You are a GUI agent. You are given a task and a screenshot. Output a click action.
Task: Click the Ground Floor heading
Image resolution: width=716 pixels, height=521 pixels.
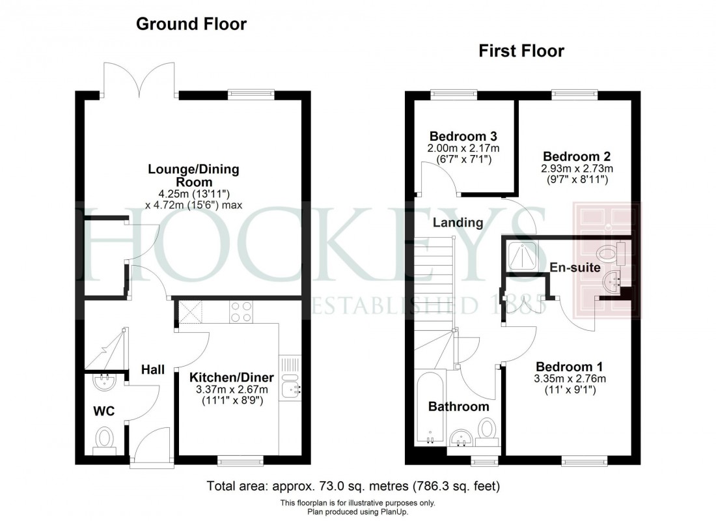[191, 25]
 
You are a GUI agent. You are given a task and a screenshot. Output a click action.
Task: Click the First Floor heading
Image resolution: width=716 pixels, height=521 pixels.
[521, 51]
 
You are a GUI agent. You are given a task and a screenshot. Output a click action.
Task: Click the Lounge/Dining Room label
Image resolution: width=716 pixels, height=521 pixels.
[193, 176]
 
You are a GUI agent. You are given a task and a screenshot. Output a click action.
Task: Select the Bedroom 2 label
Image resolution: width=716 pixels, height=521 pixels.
[575, 156]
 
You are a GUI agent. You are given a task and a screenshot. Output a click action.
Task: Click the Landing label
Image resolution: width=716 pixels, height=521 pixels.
[459, 223]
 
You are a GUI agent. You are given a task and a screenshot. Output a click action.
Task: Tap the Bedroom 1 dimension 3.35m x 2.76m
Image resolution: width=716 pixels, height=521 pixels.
[571, 379]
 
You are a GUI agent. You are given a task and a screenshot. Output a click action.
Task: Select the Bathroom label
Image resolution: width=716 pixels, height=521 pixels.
[458, 407]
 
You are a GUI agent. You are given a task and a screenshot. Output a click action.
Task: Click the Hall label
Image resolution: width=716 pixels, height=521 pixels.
[153, 370]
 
